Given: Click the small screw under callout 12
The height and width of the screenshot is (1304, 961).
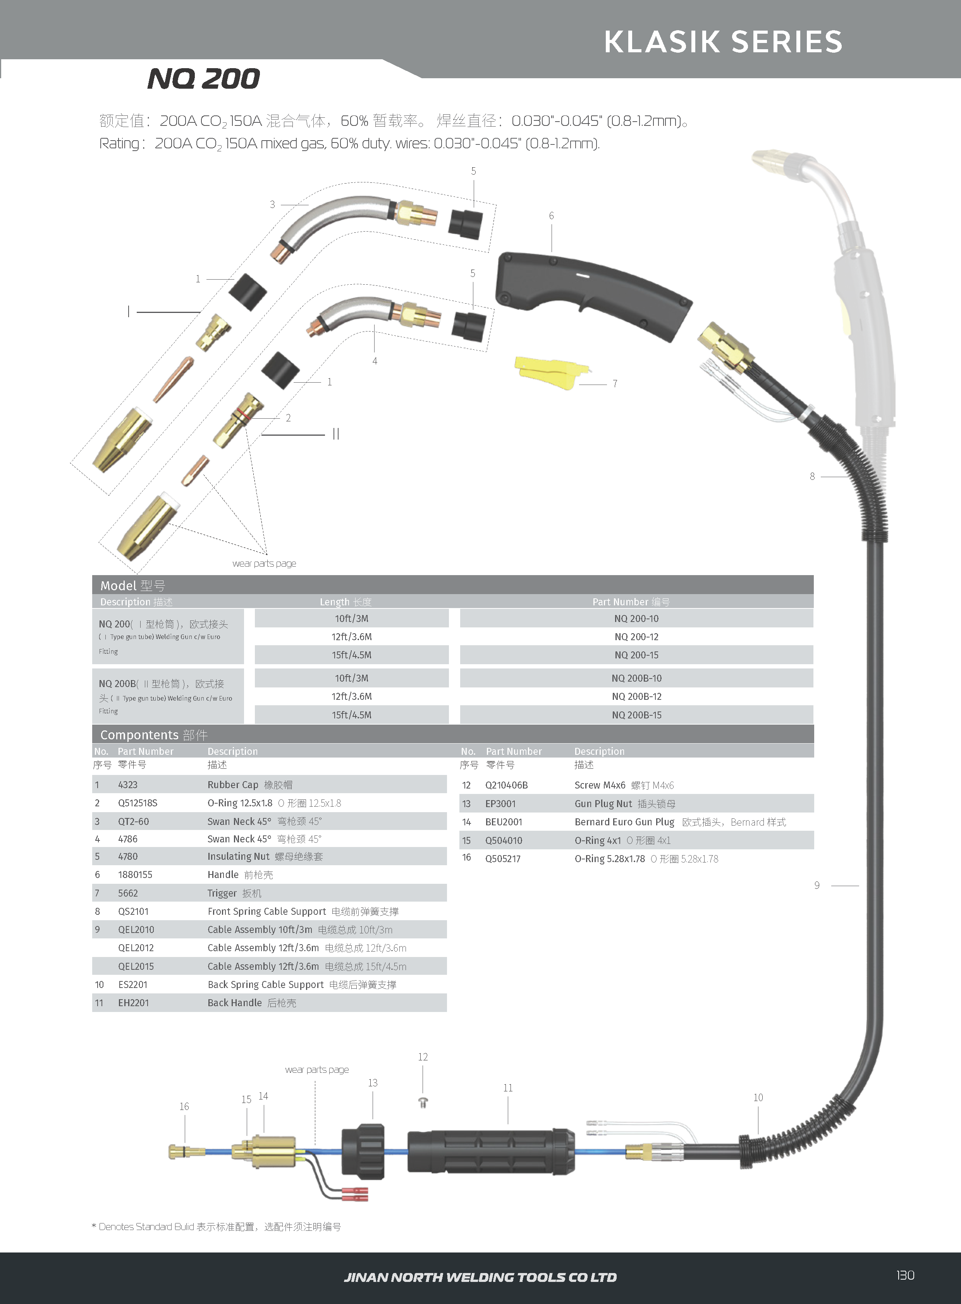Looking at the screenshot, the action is pyautogui.click(x=423, y=1102).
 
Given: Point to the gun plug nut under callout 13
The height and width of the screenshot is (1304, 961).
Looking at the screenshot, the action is pyautogui.click(x=363, y=1152).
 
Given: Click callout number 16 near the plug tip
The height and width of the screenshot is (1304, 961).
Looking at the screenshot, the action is pyautogui.click(x=184, y=1106).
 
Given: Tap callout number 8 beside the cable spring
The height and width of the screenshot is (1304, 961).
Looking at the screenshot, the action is pyautogui.click(x=812, y=476).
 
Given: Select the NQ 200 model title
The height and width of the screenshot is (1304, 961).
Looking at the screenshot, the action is pyautogui.click(x=204, y=79).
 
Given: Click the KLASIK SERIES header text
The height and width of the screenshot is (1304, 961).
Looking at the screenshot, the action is pyautogui.click(x=723, y=42).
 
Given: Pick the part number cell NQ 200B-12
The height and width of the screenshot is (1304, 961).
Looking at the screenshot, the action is pyautogui.click(x=636, y=696).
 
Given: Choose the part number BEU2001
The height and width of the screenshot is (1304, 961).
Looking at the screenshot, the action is pyautogui.click(x=504, y=822).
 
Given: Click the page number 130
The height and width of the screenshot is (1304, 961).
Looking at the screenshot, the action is pyautogui.click(x=905, y=1275).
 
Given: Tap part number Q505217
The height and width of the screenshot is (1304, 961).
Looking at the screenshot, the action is pyautogui.click(x=503, y=859).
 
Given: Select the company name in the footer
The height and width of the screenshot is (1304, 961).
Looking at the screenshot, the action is pyautogui.click(x=480, y=1277).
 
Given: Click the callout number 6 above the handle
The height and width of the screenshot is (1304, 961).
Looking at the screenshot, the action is pyautogui.click(x=552, y=216).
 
